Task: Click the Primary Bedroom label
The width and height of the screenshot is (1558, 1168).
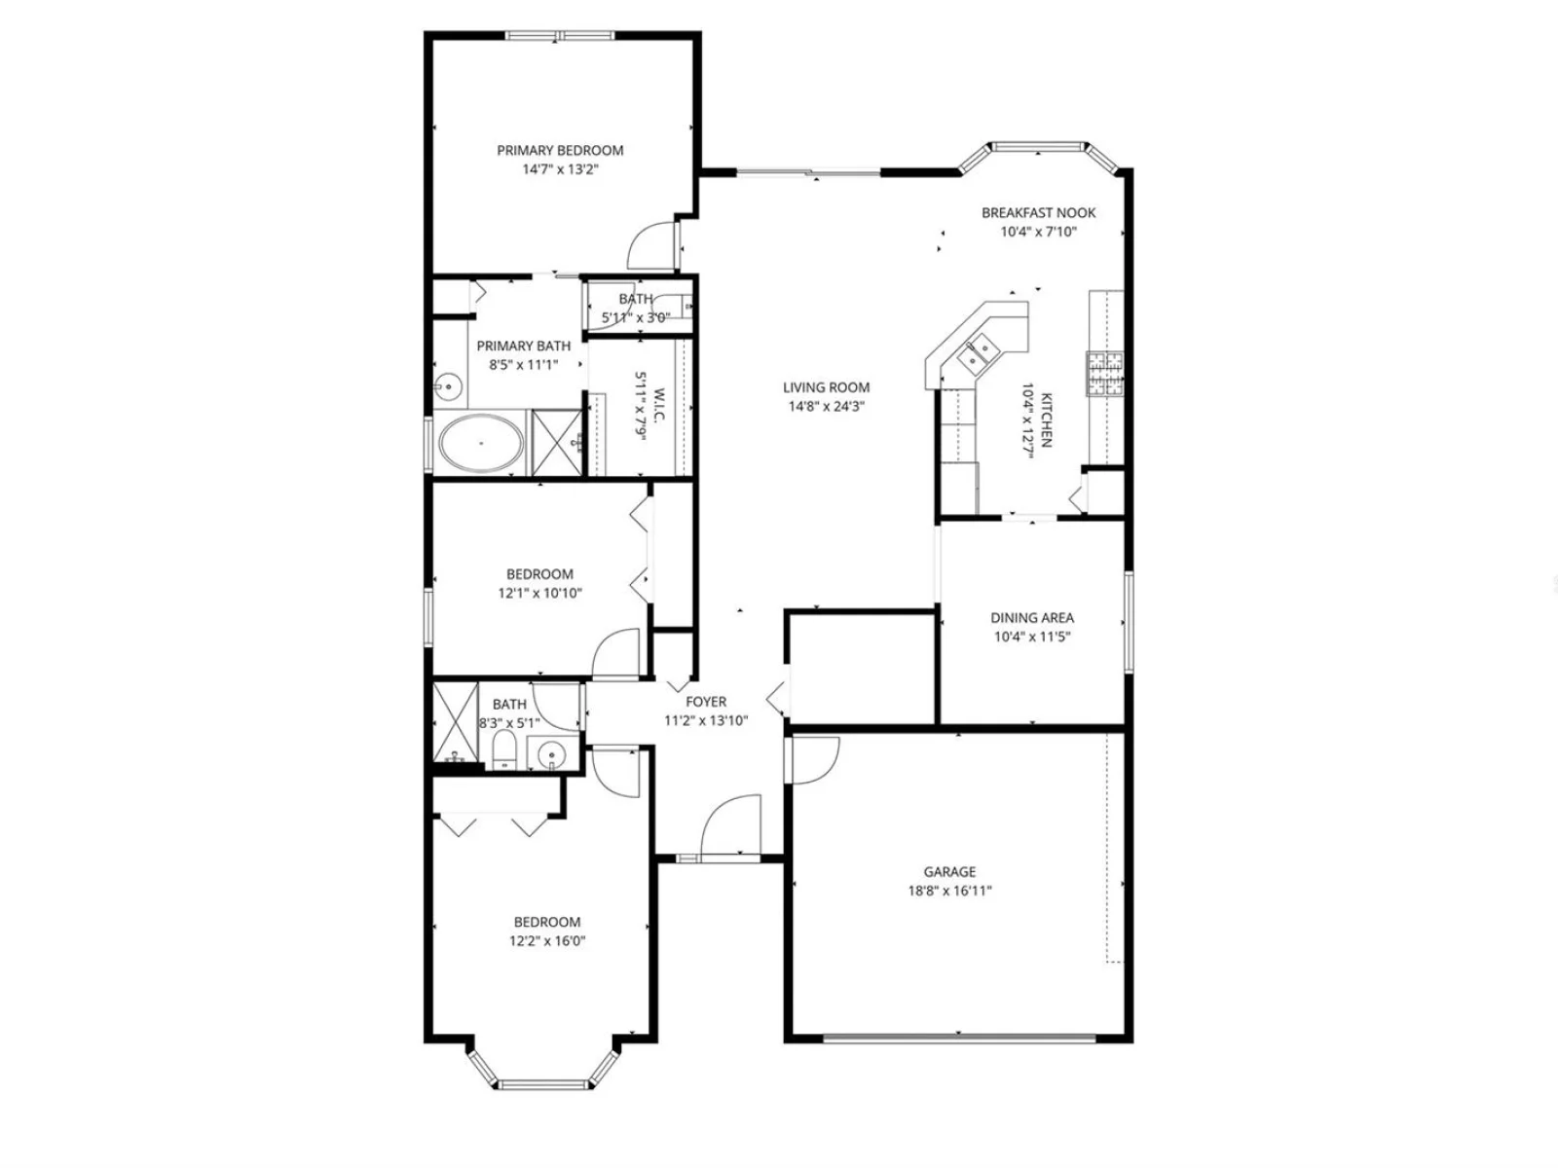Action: (560, 150)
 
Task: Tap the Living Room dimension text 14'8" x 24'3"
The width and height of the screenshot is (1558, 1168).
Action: (826, 407)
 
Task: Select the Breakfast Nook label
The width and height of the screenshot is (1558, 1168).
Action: (1038, 213)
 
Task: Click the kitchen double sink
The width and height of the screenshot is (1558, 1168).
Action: (978, 352)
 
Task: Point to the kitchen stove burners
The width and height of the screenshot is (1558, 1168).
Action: (1104, 373)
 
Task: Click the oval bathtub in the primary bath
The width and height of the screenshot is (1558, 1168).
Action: (481, 443)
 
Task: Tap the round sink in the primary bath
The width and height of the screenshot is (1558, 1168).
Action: (449, 387)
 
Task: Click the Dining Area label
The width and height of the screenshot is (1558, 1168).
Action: (1032, 618)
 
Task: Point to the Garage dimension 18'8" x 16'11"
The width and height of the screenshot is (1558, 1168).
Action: (949, 892)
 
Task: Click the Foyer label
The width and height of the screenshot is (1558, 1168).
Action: (706, 702)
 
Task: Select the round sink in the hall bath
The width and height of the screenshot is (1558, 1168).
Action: (551, 754)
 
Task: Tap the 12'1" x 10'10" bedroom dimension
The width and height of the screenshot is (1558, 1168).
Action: (539, 594)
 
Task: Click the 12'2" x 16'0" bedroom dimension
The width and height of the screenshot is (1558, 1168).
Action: (547, 942)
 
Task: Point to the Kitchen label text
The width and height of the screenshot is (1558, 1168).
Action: (1046, 420)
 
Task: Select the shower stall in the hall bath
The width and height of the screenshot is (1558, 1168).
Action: (456, 722)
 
